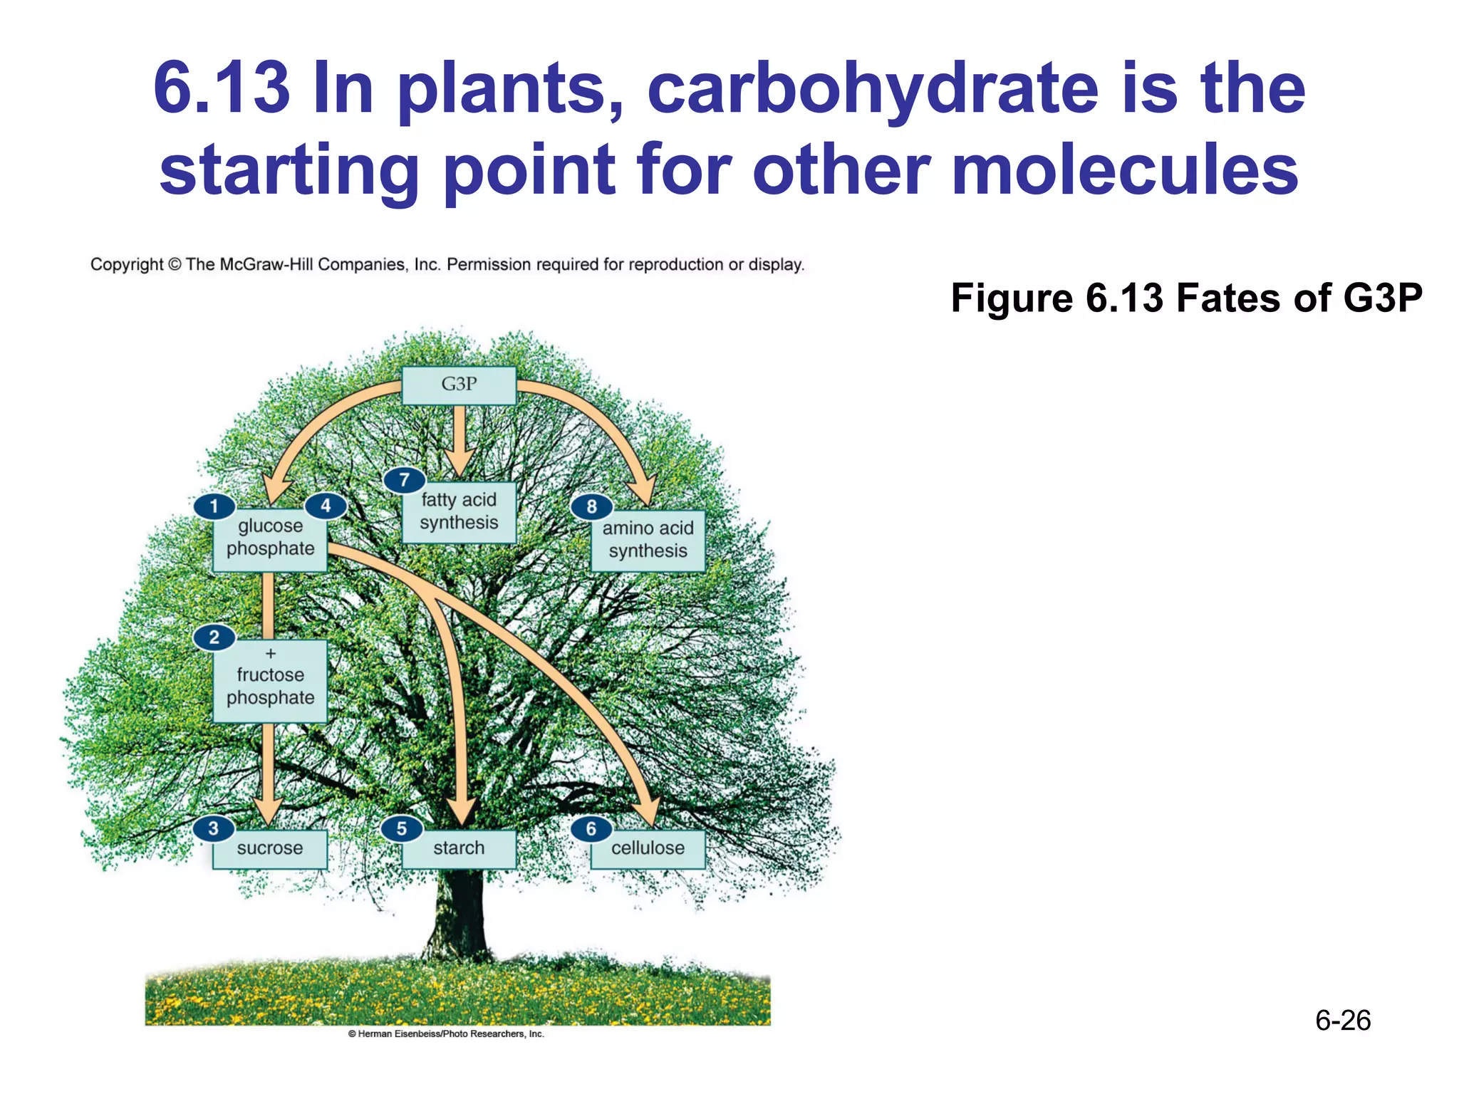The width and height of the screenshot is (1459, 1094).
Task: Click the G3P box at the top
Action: coord(459,385)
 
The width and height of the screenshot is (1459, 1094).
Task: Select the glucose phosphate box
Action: coord(270,540)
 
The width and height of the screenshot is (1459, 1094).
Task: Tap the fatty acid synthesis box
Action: coord(459,513)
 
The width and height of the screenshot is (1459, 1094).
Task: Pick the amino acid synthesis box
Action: coord(648,541)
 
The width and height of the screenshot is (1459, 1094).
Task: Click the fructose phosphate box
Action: coord(270,682)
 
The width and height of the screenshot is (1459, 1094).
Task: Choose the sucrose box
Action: coord(270,849)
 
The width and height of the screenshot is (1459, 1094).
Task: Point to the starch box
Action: coord(459,849)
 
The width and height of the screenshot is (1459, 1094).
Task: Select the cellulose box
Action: coord(648,849)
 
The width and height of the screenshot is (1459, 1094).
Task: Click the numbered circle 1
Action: coord(214,506)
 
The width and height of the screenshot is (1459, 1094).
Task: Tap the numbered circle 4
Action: coord(326,506)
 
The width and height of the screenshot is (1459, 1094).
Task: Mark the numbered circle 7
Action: coord(404,479)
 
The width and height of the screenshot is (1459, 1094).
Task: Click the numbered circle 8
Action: coord(591,506)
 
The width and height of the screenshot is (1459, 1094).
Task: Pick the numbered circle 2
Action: coord(214,636)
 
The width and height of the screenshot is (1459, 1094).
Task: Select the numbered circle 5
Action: coord(401,828)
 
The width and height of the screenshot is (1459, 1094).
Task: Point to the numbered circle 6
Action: coord(591,828)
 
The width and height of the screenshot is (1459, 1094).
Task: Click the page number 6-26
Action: coord(1342,1021)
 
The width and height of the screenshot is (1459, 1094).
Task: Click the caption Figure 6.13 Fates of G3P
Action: coord(1186,298)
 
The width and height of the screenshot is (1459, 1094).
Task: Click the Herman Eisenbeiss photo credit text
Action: coord(446,1033)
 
